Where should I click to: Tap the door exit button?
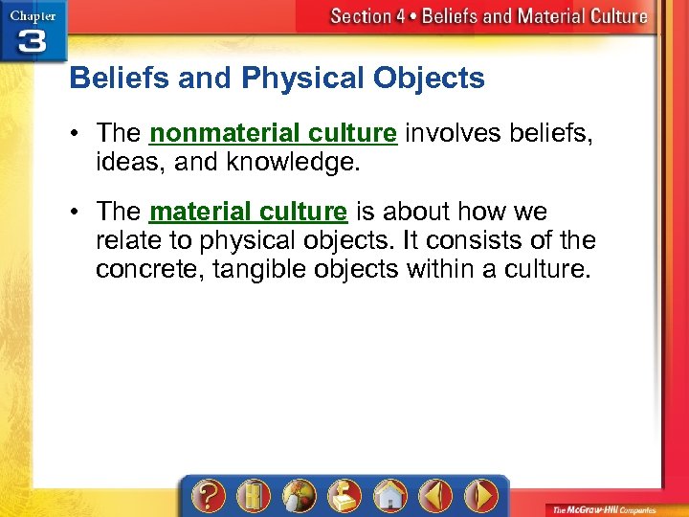pyautogui.click(x=251, y=497)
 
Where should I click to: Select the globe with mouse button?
pyautogui.click(x=298, y=497)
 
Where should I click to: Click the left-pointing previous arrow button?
pyautogui.click(x=435, y=497)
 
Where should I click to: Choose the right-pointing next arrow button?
pyautogui.click(x=481, y=497)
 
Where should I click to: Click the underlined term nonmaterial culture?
pyautogui.click(x=273, y=133)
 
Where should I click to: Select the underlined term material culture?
pyautogui.click(x=248, y=211)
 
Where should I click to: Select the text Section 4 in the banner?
pyautogui.click(x=362, y=16)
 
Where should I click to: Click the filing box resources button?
pyautogui.click(x=343, y=497)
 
